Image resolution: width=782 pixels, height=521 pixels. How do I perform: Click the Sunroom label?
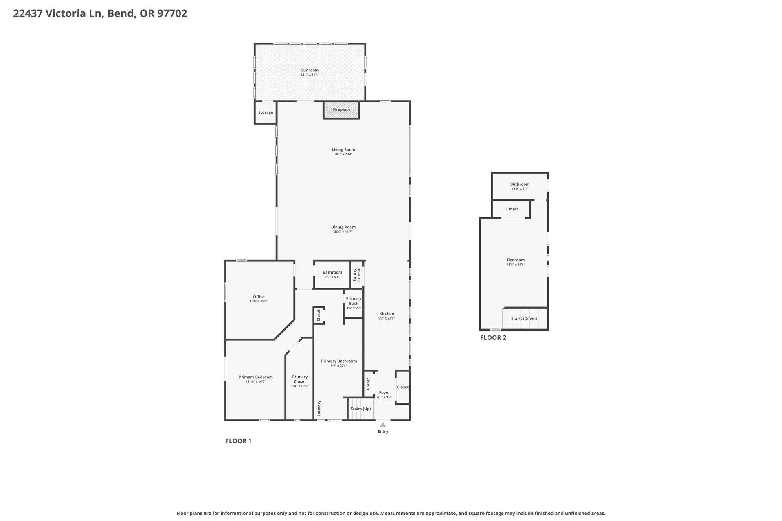click(x=310, y=70)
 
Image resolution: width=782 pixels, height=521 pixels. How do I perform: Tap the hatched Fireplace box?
click(x=341, y=110)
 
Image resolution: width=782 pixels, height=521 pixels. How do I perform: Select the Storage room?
click(x=266, y=112)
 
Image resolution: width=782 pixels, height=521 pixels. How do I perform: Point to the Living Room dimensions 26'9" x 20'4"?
click(x=343, y=154)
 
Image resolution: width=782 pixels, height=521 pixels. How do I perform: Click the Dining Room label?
click(x=343, y=227)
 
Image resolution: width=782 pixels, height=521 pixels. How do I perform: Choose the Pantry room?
click(x=357, y=275)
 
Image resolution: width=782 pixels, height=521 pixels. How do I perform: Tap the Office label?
click(x=259, y=296)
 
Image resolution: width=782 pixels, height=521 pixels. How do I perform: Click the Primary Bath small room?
click(x=354, y=304)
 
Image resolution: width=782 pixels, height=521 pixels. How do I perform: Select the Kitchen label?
click(x=387, y=313)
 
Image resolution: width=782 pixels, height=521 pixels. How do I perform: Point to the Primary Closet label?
click(x=300, y=379)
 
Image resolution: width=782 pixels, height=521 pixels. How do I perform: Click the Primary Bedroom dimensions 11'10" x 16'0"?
click(x=256, y=382)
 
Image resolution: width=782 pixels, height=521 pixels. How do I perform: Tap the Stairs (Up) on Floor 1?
click(x=360, y=409)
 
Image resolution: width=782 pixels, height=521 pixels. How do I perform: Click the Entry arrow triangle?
click(x=383, y=425)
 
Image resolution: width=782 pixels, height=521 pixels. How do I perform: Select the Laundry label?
click(x=319, y=408)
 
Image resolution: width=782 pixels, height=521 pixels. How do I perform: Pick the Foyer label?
click(x=384, y=392)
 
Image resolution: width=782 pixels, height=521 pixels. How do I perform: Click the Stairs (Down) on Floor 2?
click(x=525, y=318)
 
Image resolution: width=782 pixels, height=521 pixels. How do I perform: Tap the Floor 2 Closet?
click(x=512, y=209)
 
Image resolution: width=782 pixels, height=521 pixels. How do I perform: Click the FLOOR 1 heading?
click(x=238, y=441)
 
